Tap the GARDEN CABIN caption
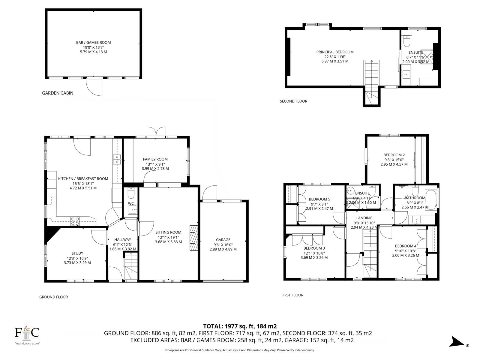(58, 93)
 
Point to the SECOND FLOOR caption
(293, 101)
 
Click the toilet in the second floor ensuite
(406, 41)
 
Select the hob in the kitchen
(75, 221)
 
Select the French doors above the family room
(156, 132)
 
